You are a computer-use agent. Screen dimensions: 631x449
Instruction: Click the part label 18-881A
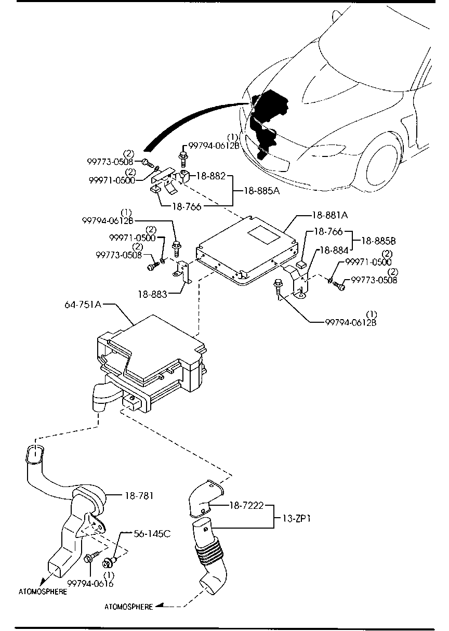click(330, 214)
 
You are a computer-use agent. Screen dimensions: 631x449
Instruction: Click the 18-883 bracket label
click(153, 294)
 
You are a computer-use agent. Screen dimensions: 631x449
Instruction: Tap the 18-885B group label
click(378, 241)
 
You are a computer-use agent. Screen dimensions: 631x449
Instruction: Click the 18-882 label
click(210, 176)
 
